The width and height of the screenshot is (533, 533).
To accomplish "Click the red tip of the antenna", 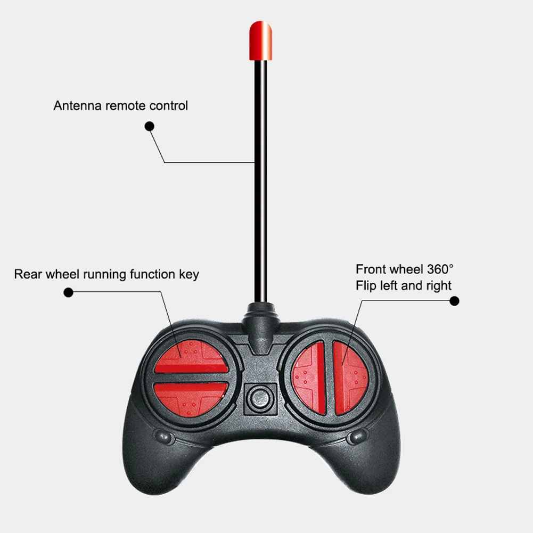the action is [261, 40].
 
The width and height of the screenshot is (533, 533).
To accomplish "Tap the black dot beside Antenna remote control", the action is [150, 126].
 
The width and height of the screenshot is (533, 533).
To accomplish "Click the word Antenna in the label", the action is [78, 105].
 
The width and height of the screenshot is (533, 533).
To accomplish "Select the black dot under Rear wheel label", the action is [68, 292].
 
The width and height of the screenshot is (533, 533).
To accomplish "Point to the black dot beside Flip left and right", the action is [454, 301].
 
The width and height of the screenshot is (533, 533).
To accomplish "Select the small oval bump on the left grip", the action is [164, 437].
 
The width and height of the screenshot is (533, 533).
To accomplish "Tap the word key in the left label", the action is [189, 275].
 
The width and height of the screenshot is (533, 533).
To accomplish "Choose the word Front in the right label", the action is [371, 269].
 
